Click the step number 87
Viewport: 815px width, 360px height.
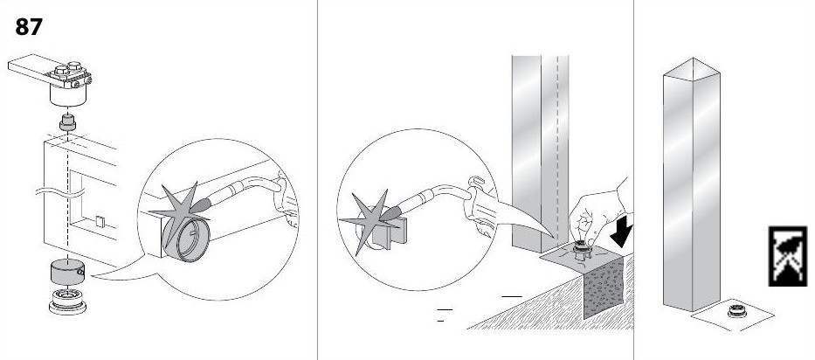coord(28,27)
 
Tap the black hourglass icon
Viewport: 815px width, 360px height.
coord(787,256)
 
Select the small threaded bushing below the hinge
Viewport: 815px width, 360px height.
coord(66,124)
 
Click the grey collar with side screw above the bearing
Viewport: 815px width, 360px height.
coord(67,271)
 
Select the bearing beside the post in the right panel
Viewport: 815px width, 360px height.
coord(737,311)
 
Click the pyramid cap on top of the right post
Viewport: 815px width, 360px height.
coord(691,68)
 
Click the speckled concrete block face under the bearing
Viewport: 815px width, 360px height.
coord(604,287)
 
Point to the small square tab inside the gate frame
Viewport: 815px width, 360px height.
coord(100,222)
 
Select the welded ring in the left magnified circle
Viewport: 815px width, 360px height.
coord(186,239)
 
